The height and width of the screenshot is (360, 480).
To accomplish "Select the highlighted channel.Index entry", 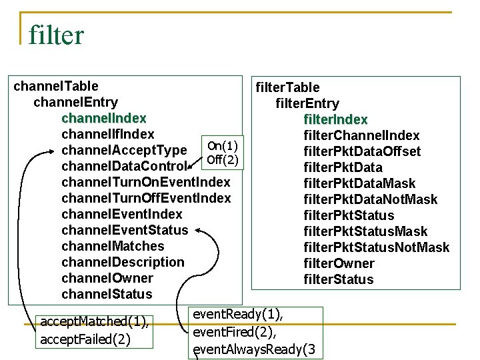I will point(103,118).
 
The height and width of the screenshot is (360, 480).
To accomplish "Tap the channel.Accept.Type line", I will point(124,150).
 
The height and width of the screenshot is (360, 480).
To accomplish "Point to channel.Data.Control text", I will point(124,166).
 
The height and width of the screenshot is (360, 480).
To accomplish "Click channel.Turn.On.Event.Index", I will point(145,182).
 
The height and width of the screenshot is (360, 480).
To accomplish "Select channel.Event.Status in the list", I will point(125,230).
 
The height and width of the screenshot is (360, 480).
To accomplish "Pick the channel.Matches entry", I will point(113,246).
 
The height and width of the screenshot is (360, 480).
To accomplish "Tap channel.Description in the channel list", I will point(123,262).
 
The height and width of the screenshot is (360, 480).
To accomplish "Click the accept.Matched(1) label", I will point(94,322).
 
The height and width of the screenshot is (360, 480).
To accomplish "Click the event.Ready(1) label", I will point(237,314).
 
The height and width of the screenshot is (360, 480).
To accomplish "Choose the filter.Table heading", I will point(287,87).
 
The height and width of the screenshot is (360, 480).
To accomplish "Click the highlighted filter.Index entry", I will point(335,119).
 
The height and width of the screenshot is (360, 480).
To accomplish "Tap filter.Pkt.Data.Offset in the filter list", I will point(362,151).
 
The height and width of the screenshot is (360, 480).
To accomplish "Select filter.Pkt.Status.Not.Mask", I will point(376,247).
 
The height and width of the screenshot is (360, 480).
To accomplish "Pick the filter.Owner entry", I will point(339,263).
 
